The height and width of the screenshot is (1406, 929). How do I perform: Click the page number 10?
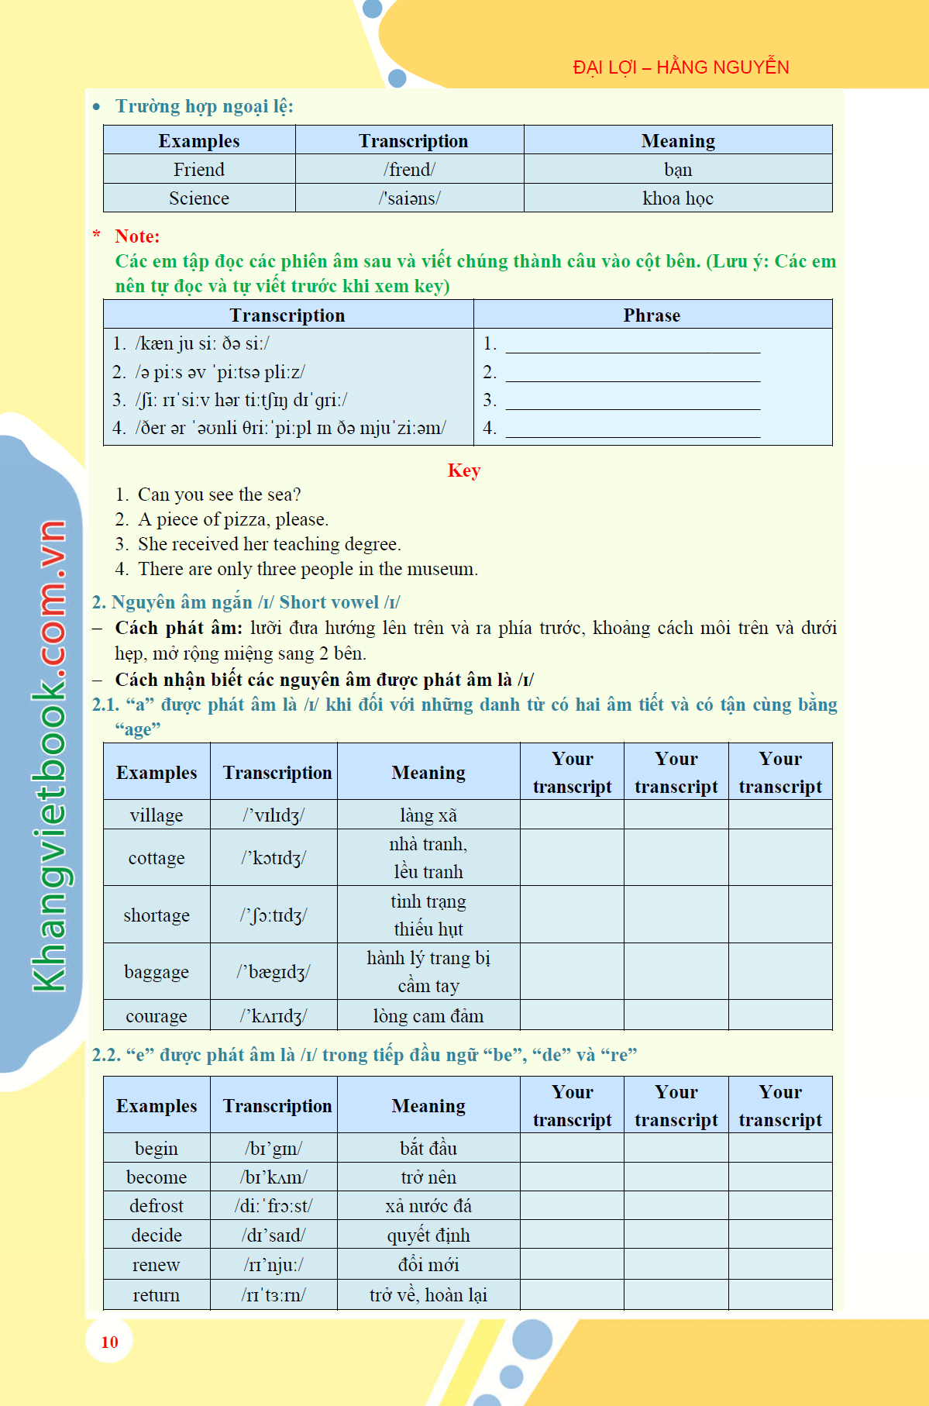[109, 1342]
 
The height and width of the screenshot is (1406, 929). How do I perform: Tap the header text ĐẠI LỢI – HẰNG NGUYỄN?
[680, 67]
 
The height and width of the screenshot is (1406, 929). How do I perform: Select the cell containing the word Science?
[199, 198]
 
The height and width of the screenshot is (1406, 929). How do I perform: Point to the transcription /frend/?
[409, 170]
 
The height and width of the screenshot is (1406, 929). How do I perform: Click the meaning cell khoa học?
[677, 198]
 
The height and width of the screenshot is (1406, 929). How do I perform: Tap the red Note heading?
[137, 236]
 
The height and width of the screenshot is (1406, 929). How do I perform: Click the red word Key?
[464, 470]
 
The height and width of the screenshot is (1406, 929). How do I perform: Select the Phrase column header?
[652, 315]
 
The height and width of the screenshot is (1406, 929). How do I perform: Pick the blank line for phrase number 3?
[632, 401]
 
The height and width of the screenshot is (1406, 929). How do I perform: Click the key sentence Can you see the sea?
[219, 495]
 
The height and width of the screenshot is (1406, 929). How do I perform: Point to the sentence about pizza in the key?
[233, 519]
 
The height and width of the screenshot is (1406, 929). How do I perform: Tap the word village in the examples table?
[157, 815]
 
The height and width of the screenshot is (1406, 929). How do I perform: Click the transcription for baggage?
[274, 972]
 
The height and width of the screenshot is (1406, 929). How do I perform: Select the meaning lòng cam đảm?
[428, 1016]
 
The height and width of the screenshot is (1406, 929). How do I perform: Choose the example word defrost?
[157, 1206]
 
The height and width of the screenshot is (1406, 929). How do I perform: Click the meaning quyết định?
[428, 1235]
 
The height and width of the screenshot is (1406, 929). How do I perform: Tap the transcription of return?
[274, 1295]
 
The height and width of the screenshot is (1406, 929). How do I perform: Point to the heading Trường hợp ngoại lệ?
[204, 106]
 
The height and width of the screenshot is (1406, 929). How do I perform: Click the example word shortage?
[157, 915]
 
